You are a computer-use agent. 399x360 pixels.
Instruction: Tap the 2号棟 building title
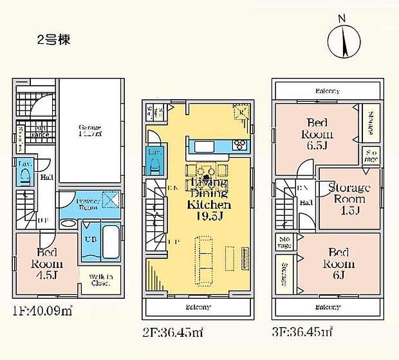coord(53,39)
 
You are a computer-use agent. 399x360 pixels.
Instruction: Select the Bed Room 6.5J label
coord(319,128)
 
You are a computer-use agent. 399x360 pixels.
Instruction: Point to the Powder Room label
coord(88,204)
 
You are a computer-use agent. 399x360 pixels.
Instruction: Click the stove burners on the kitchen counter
coord(238,143)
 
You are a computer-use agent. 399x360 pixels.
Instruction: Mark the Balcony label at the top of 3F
coord(327,91)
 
